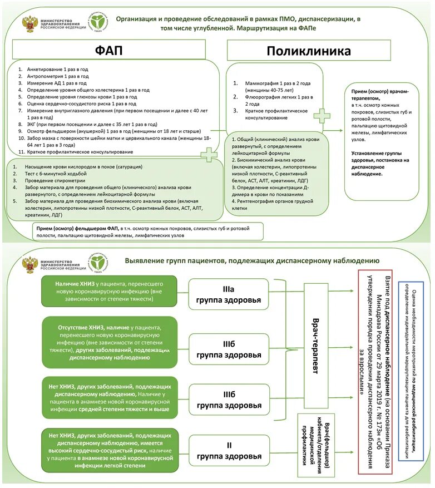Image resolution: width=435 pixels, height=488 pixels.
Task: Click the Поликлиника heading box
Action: (309, 51)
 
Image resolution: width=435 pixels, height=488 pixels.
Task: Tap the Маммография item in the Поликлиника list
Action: (279, 86)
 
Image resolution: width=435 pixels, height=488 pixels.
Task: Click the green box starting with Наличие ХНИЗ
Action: (110, 291)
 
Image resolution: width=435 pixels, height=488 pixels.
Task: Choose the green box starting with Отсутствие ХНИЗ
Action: (110, 342)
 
